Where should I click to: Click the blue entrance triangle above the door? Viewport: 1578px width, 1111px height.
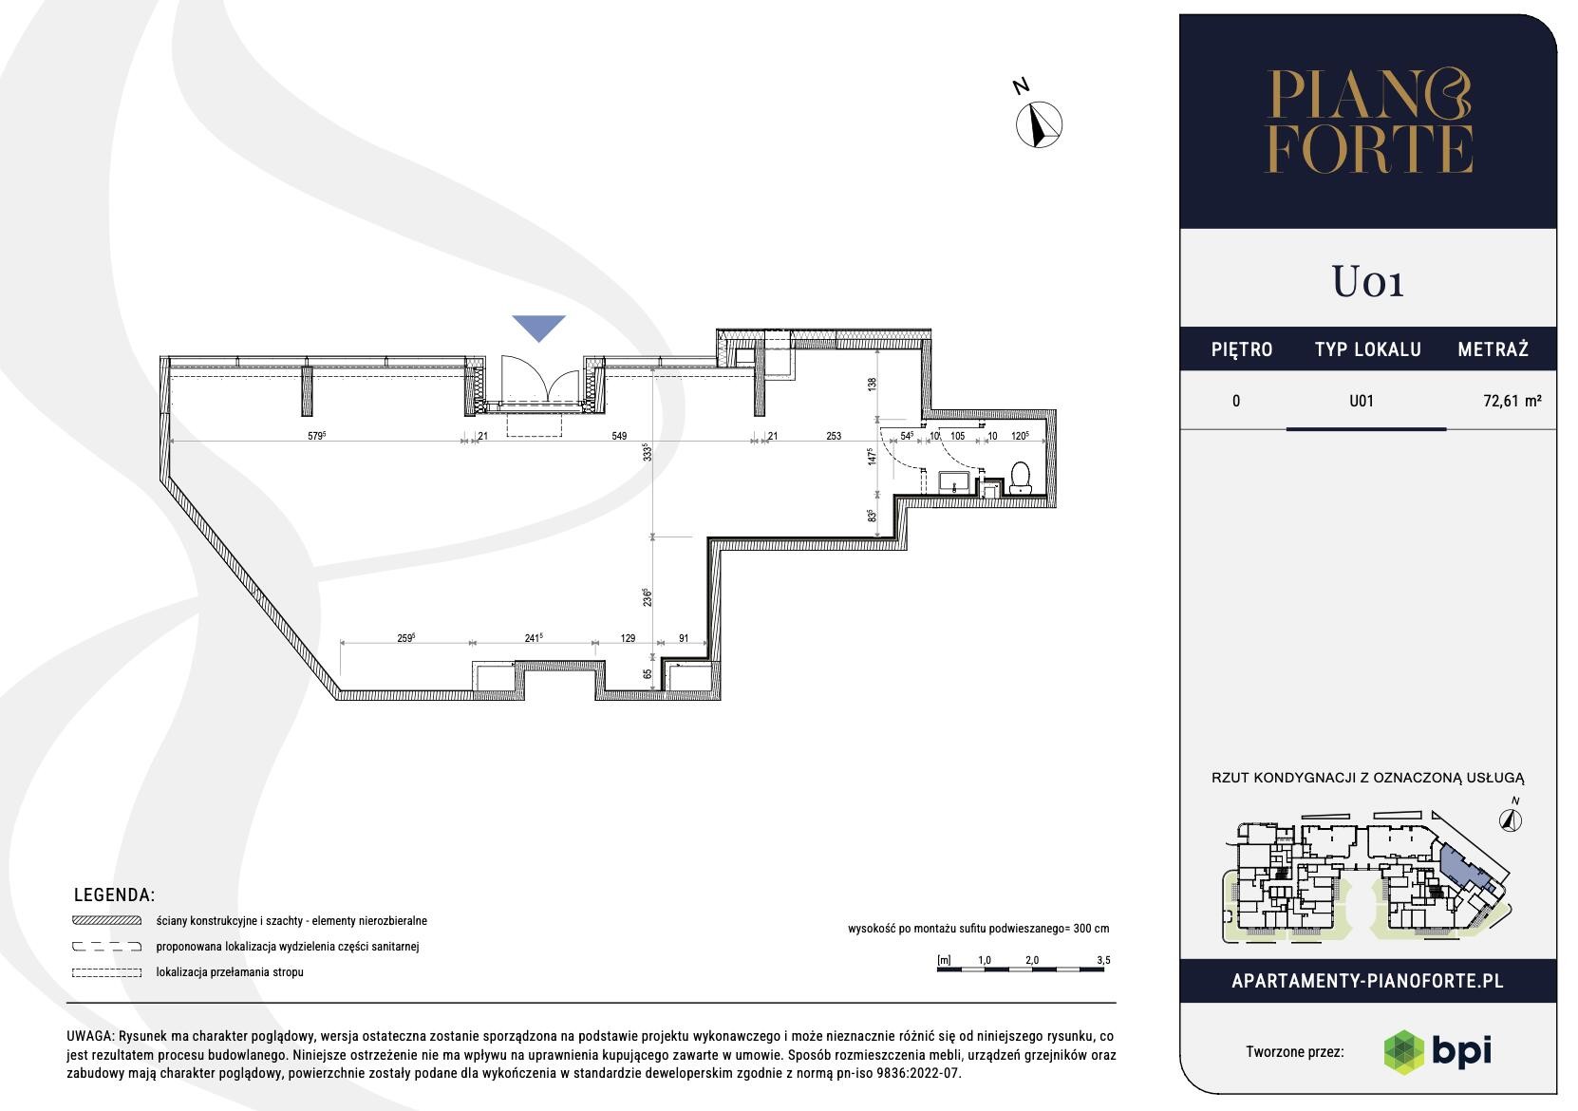tap(539, 326)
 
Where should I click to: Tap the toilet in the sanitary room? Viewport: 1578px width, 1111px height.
tap(1020, 478)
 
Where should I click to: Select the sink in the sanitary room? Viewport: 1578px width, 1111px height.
tap(954, 482)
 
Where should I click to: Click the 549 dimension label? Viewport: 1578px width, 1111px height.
tap(618, 436)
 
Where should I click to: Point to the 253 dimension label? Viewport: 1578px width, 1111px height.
tap(834, 436)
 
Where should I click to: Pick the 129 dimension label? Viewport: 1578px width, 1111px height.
tap(628, 638)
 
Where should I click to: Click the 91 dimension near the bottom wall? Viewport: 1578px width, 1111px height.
tap(684, 638)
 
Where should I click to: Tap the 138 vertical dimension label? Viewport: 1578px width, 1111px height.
tap(873, 385)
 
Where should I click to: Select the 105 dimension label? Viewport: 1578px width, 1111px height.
tap(957, 436)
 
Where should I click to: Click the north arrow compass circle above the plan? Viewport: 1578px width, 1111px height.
tap(1039, 124)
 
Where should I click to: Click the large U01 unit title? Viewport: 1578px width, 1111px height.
tap(1367, 281)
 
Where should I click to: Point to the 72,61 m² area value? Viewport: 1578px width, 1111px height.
tap(1512, 401)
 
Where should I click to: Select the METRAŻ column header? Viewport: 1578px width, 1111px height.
tap(1493, 349)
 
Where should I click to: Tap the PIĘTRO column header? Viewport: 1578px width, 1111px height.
tap(1241, 349)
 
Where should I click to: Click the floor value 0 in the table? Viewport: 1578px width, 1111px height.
tap(1235, 401)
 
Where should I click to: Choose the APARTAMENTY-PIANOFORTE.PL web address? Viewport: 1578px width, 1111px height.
tap(1367, 981)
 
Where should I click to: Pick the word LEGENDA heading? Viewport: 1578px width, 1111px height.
tap(114, 894)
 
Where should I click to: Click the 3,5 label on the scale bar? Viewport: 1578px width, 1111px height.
tap(1103, 960)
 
